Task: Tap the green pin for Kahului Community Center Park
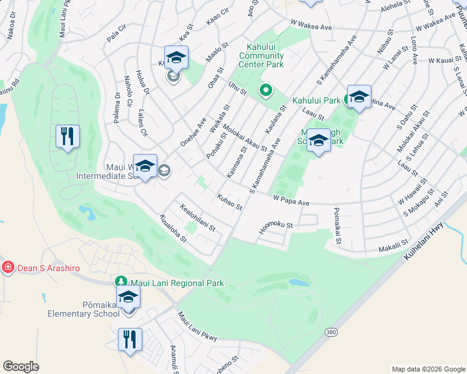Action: tap(265, 91)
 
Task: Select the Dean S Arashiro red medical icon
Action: tap(8, 267)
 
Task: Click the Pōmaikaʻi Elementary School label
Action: tap(84, 309)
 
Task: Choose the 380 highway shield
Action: tap(330, 333)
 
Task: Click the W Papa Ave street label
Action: tap(291, 201)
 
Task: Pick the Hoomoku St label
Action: tap(276, 231)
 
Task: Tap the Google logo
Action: tap(21, 367)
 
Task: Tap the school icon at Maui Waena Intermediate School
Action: tap(145, 166)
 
